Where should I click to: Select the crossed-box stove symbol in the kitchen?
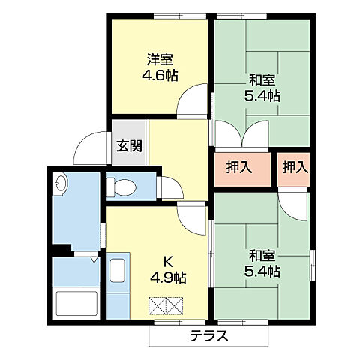pyautogui.click(x=166, y=305)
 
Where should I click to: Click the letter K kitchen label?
pyautogui.click(x=169, y=262)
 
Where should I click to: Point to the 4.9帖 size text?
pyautogui.click(x=169, y=277)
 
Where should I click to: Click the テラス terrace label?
pyautogui.click(x=208, y=335)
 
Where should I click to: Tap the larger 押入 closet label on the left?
pyautogui.click(x=238, y=168)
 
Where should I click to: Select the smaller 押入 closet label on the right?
pyautogui.click(x=295, y=168)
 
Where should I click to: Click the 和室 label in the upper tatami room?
pyautogui.click(x=262, y=80)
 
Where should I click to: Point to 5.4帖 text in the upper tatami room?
pyautogui.click(x=262, y=96)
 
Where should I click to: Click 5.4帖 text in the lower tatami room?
pyautogui.click(x=262, y=271)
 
